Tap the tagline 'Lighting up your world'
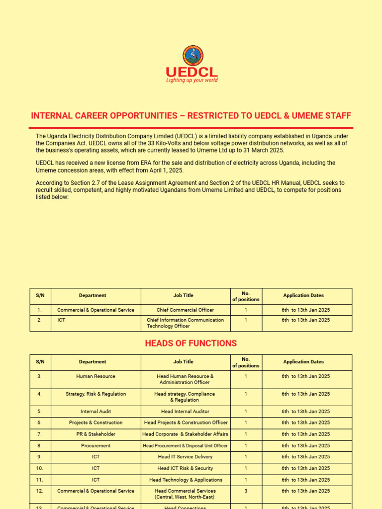click(191, 81)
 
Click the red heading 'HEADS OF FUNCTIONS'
click(191, 343)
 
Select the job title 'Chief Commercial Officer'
click(185, 310)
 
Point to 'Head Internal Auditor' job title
click(185, 412)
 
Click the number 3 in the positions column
click(246, 491)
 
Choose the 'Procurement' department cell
click(95, 446)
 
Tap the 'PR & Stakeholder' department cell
click(95, 434)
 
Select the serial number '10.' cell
click(39, 468)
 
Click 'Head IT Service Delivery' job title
click(185, 457)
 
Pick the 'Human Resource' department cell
click(95, 376)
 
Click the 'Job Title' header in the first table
click(183, 295)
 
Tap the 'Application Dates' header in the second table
click(303, 362)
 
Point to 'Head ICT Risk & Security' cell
click(185, 468)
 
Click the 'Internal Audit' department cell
click(95, 412)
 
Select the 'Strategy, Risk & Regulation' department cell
click(95, 394)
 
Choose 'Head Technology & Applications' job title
click(186, 480)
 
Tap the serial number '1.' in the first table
click(39, 310)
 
